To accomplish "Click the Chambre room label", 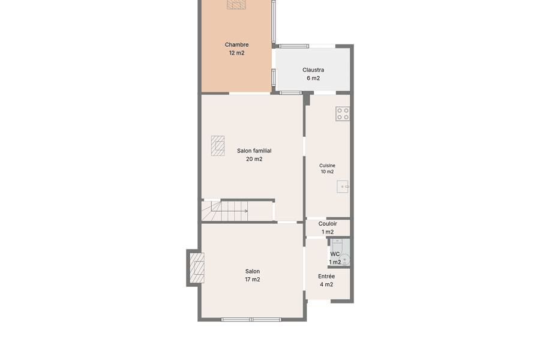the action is click(x=236, y=45).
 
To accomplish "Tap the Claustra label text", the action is click(x=313, y=70).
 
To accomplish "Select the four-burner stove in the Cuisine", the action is click(x=343, y=113).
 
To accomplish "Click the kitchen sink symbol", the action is click(x=343, y=187).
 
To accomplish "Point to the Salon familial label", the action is click(x=254, y=151).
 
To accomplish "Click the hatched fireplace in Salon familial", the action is click(x=218, y=146).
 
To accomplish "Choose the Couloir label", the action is click(x=328, y=224).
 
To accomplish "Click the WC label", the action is click(x=335, y=254).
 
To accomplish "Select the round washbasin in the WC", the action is click(x=345, y=259).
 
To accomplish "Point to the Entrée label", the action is click(x=326, y=276).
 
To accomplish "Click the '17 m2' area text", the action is click(x=253, y=280).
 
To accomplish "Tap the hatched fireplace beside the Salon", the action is click(x=197, y=268).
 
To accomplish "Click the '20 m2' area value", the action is click(x=254, y=159).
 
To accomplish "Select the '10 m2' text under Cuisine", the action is click(x=327, y=172).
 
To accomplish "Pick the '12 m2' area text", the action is click(x=236, y=53).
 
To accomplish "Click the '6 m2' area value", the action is click(x=313, y=78).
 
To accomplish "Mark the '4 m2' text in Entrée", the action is click(x=326, y=284).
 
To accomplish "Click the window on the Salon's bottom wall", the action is click(x=251, y=320).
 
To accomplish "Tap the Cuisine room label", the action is click(x=327, y=166).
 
